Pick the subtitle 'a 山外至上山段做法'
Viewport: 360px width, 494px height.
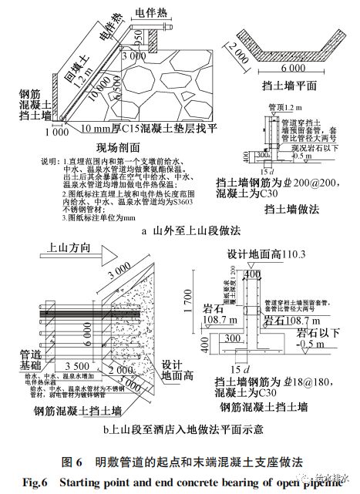pyautogui.click(x=179, y=230)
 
